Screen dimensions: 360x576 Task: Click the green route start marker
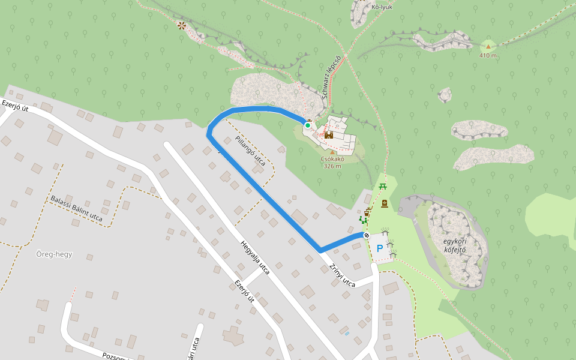point(308,125)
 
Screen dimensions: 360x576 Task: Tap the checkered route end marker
point(366,235)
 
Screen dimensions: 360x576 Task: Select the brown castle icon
point(329,135)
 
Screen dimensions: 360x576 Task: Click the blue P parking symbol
point(379,248)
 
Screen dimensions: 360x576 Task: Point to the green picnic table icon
point(383,186)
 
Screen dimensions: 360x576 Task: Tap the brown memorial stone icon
point(385,204)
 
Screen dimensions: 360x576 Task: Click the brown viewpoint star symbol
point(181,25)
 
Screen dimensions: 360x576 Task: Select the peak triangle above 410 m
point(488,46)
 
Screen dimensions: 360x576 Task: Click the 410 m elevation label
point(488,56)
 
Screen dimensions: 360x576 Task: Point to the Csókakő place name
point(332,159)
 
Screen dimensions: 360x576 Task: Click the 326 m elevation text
point(332,166)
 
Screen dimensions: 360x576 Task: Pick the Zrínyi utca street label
point(342,275)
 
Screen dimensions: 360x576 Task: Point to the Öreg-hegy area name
point(54,254)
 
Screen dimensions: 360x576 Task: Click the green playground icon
point(362,221)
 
